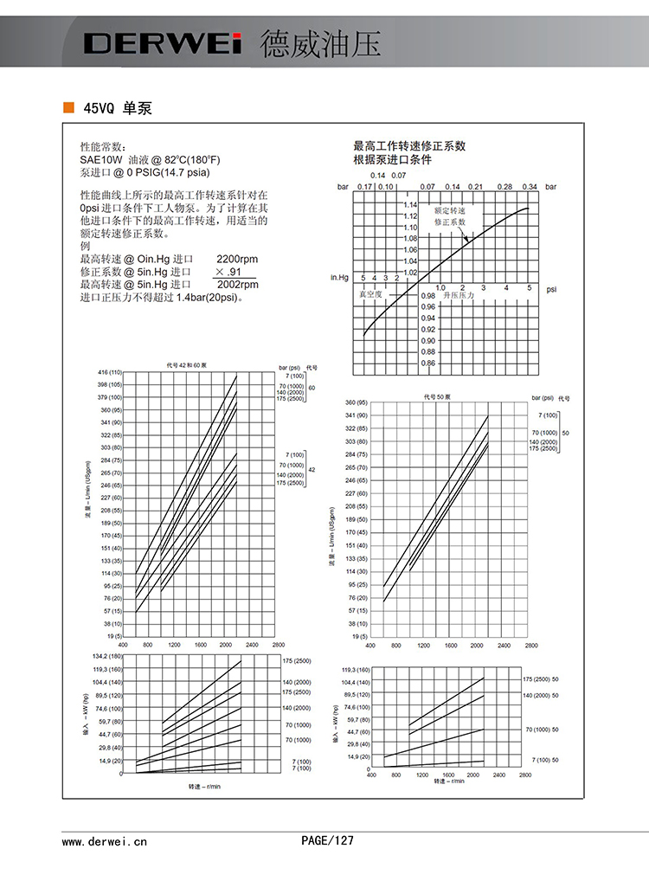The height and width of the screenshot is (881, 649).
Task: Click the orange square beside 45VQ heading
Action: pyautogui.click(x=68, y=109)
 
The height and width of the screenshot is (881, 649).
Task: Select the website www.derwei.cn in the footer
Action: pyautogui.click(x=104, y=840)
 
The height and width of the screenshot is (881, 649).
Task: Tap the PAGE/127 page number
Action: pyautogui.click(x=327, y=840)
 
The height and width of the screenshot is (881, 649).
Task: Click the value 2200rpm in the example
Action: pyautogui.click(x=236, y=259)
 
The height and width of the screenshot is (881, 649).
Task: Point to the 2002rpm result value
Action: pyautogui.click(x=236, y=284)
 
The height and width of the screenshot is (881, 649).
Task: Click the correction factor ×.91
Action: pyautogui.click(x=227, y=272)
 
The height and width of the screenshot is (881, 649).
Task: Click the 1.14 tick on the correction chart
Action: pyautogui.click(x=409, y=205)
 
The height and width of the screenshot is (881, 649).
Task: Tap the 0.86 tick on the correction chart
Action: pyautogui.click(x=427, y=363)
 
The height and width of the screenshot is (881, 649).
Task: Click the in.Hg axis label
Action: pyautogui.click(x=339, y=278)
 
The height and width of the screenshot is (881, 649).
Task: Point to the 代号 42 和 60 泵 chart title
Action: pyautogui.click(x=189, y=365)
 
